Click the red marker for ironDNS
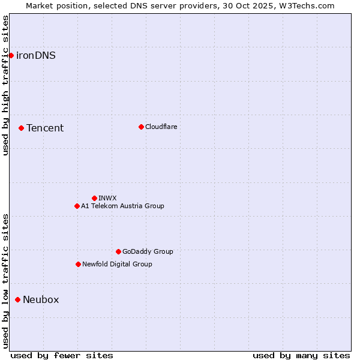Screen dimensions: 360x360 click(x=11, y=55)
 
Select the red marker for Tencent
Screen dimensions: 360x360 click(x=21, y=128)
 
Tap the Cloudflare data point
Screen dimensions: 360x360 click(x=141, y=127)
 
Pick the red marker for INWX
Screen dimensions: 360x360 click(x=94, y=198)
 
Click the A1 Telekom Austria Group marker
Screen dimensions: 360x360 click(x=77, y=206)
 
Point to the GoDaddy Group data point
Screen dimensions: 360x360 click(x=118, y=251)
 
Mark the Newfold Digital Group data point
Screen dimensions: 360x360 click(x=78, y=264)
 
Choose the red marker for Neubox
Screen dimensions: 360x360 click(x=17, y=299)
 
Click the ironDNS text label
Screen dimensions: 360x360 click(x=36, y=56)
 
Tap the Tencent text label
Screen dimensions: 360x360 click(x=45, y=128)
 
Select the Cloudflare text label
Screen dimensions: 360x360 click(x=161, y=127)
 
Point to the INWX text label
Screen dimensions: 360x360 click(x=107, y=198)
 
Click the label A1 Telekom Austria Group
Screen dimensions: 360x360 click(x=122, y=206)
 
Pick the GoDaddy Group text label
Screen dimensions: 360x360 click(x=148, y=251)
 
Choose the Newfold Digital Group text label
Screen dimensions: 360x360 click(x=117, y=264)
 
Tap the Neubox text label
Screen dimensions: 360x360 click(x=41, y=300)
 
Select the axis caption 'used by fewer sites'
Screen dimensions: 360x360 click(x=62, y=355)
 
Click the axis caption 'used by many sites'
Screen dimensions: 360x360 click(x=301, y=355)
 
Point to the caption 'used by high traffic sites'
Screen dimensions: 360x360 click(x=5, y=85)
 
